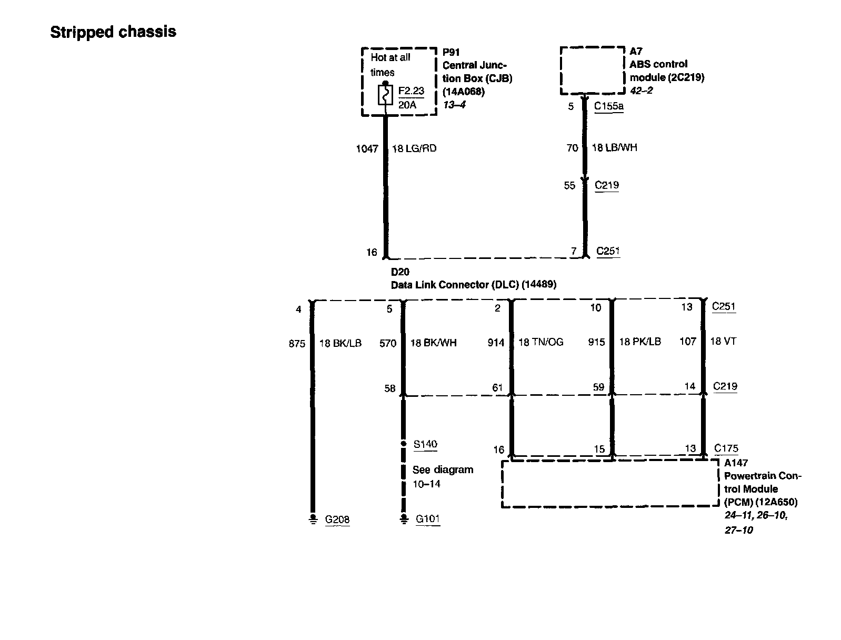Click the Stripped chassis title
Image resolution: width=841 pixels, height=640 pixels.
pyautogui.click(x=113, y=32)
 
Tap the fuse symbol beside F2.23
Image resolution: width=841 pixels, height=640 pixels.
pyautogui.click(x=386, y=95)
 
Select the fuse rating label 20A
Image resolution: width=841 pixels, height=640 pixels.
pyautogui.click(x=407, y=105)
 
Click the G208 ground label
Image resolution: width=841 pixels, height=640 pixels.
pyautogui.click(x=337, y=519)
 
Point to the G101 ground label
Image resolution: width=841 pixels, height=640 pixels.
pyautogui.click(x=427, y=519)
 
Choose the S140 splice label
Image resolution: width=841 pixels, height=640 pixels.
pyautogui.click(x=425, y=444)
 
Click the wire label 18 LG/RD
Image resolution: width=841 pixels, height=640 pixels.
pyautogui.click(x=414, y=148)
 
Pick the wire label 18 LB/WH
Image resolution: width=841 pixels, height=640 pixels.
pyautogui.click(x=614, y=147)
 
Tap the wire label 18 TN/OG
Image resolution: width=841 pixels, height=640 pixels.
pyautogui.click(x=540, y=342)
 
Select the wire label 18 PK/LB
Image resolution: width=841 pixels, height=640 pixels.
pyautogui.click(x=639, y=342)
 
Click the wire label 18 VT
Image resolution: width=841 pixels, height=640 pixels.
pyautogui.click(x=723, y=341)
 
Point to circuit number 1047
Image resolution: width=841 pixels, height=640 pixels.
pyautogui.click(x=367, y=149)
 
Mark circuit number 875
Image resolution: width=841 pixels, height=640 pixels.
pyautogui.click(x=297, y=344)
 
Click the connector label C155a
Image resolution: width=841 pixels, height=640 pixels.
pyautogui.click(x=608, y=106)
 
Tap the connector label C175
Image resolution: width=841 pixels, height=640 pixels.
pyautogui.click(x=726, y=448)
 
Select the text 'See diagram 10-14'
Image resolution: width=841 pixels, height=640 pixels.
pyautogui.click(x=443, y=477)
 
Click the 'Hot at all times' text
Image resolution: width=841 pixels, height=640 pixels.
pyautogui.click(x=390, y=65)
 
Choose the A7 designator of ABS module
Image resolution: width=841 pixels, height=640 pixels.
pyautogui.click(x=636, y=51)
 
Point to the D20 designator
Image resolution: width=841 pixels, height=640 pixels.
pyautogui.click(x=399, y=272)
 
